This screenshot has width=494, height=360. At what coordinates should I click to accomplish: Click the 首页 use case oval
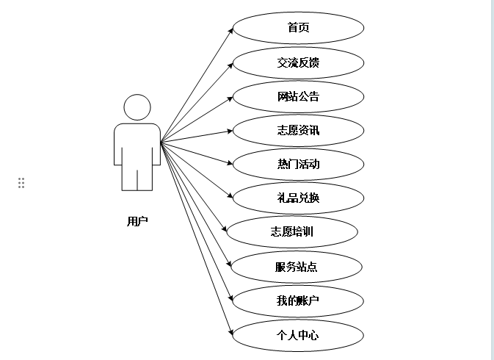298,28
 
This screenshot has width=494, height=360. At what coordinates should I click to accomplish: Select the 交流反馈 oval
298,62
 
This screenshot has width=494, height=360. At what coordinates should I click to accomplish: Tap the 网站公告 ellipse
298,96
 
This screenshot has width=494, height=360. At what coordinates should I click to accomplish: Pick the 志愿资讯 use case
298,131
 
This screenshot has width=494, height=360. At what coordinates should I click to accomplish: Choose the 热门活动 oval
298,164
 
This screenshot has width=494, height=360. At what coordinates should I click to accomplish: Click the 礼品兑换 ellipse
298,198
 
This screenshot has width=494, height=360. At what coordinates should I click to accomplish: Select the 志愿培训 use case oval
292,232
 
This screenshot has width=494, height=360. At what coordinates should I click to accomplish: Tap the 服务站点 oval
297,266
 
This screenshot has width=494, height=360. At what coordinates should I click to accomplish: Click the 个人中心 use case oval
298,334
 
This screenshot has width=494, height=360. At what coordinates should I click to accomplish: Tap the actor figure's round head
137,107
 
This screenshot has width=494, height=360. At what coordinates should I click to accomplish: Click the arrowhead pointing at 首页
230,31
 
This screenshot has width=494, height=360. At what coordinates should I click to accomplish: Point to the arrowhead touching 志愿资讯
230,132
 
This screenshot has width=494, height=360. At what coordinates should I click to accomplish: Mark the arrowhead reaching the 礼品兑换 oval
230,196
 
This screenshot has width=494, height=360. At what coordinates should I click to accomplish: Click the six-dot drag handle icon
21,183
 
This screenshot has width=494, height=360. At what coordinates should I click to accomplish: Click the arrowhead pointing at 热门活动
230,164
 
